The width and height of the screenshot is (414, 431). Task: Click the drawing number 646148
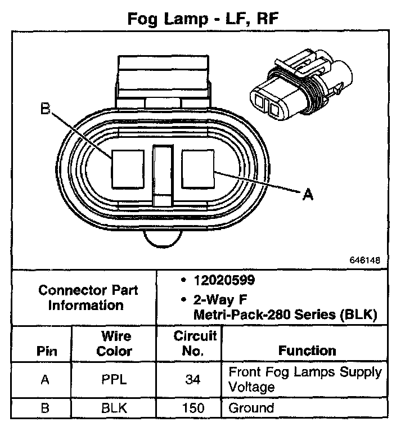tap(366, 261)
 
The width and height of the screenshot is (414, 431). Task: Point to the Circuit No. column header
tap(195, 344)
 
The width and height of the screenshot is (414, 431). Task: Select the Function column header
tap(307, 351)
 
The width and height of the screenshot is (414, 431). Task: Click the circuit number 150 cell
tap(193, 408)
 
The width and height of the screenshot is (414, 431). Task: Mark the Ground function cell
tap(251, 408)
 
